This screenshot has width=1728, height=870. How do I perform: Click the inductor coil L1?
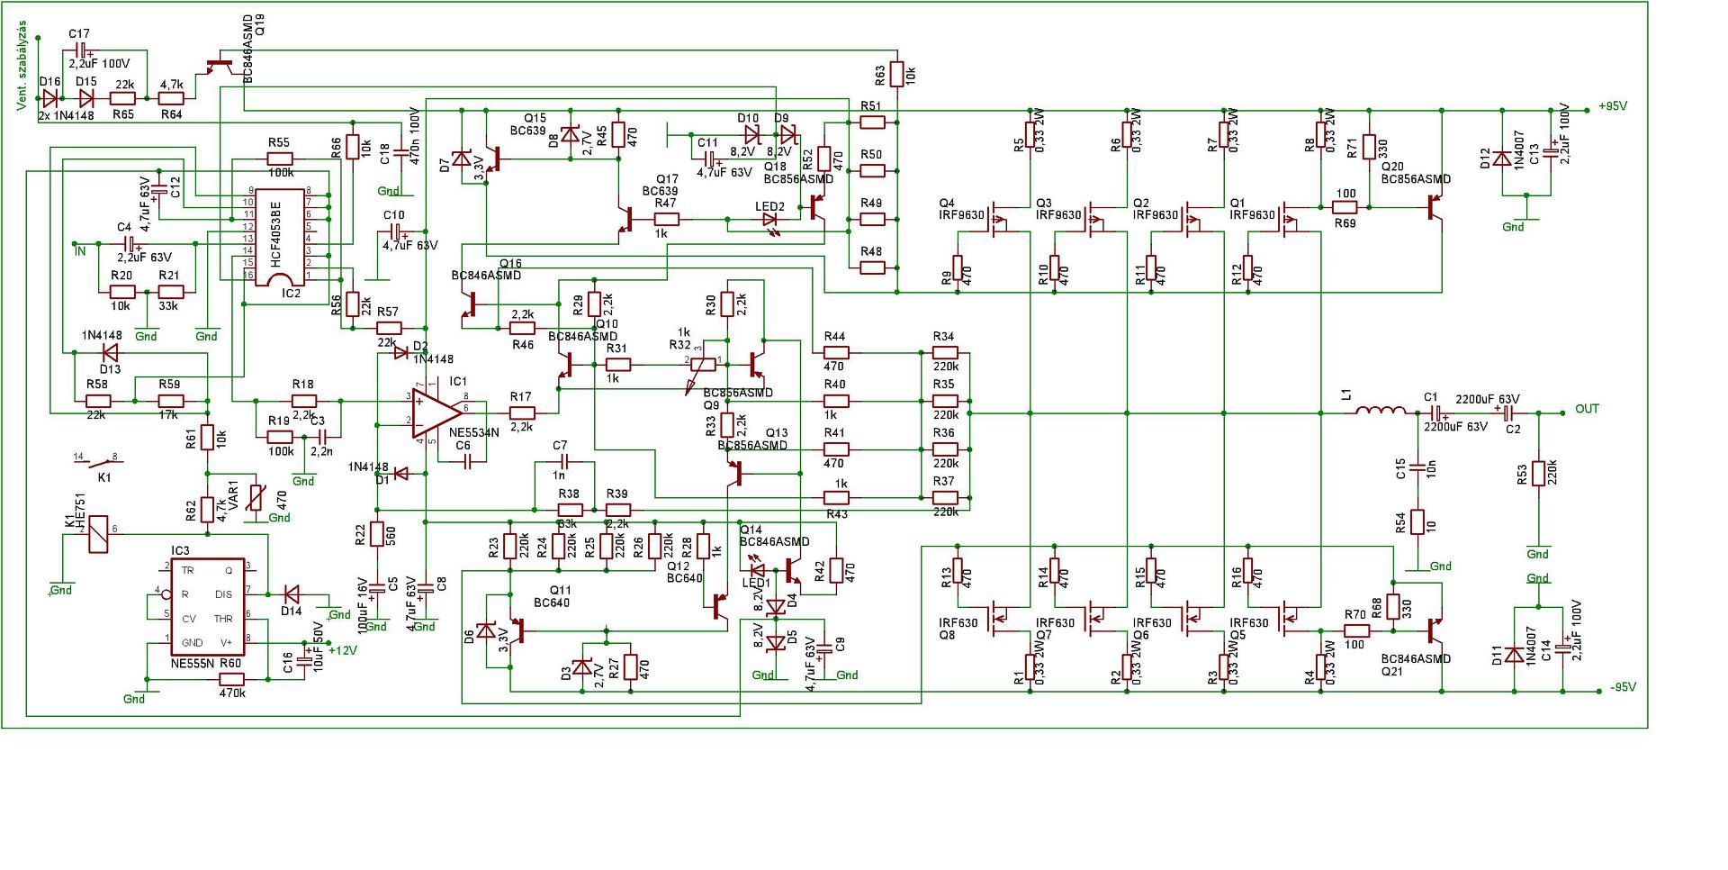point(1381,412)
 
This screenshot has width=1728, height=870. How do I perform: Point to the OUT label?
point(1587,409)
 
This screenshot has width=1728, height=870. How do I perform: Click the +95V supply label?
point(1613,106)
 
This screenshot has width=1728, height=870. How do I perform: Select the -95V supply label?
point(1622,687)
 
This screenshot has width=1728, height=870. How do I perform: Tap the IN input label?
point(80,251)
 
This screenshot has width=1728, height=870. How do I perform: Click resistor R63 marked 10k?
point(896,75)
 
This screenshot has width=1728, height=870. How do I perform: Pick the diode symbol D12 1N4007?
point(1501,159)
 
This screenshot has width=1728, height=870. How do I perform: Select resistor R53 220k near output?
point(1538,475)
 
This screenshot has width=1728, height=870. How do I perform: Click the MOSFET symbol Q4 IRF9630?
point(995,218)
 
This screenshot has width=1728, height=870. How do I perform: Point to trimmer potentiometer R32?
point(703,364)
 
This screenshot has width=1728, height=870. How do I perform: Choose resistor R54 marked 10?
point(1417,523)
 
